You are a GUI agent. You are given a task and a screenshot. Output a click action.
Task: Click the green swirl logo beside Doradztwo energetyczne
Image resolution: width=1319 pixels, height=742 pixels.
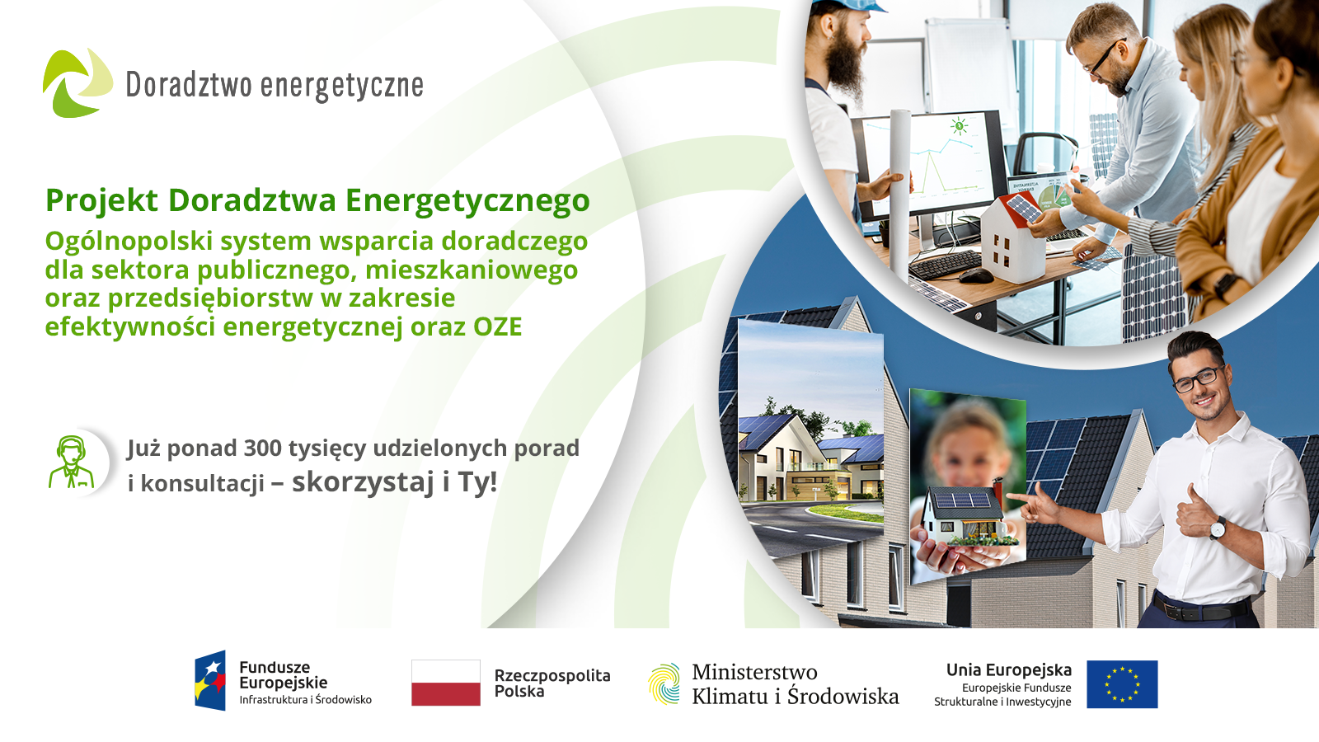[x=77, y=83]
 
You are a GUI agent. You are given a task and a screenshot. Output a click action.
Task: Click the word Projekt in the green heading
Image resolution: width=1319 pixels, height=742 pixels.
[x=102, y=201]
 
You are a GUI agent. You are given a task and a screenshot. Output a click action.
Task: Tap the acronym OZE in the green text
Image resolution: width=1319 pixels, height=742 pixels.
[x=498, y=326]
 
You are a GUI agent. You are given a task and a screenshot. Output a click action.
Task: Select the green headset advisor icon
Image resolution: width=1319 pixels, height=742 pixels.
[x=71, y=463]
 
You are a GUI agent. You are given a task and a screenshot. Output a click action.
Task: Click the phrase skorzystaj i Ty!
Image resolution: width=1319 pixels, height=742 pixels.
[x=395, y=481]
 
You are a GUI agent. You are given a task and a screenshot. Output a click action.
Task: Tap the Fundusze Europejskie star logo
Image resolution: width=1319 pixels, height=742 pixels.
[x=210, y=680]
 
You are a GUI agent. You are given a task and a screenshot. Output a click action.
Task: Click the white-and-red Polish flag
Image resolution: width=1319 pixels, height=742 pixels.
[x=446, y=683]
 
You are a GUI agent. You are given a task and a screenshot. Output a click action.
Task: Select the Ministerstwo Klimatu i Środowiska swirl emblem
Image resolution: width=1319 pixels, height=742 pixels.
[x=664, y=683]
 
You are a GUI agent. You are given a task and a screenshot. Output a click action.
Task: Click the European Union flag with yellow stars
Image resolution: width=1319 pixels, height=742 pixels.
[x=1122, y=684]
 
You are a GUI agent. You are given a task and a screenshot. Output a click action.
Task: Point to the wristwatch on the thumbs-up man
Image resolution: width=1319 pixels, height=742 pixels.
[x=1217, y=528]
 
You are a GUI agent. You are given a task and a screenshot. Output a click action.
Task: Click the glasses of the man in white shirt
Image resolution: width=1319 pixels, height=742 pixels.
[x=1199, y=378]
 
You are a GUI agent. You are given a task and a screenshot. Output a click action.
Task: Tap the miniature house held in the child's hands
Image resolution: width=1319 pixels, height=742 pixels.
[x=961, y=514]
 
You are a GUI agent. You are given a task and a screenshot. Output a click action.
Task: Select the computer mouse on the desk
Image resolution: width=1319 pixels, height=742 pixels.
[x=976, y=275]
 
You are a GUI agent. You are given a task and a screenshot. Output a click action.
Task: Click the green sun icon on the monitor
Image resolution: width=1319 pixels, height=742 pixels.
[x=960, y=126]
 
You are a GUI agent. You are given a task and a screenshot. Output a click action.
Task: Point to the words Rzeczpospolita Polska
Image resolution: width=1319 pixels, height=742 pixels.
[x=552, y=683]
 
